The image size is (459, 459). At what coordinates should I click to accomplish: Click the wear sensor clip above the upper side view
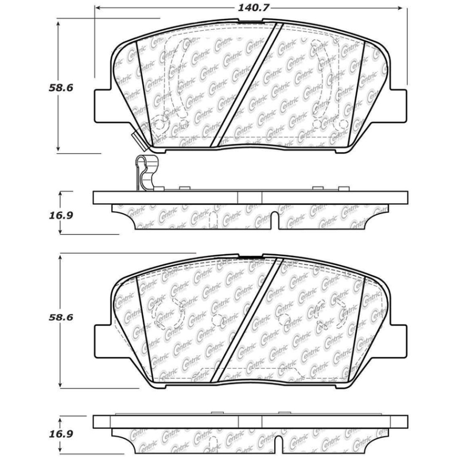tap(143, 172)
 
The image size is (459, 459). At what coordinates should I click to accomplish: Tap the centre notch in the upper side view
tap(275, 221)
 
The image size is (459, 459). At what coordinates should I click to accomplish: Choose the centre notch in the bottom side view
tap(275, 445)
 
